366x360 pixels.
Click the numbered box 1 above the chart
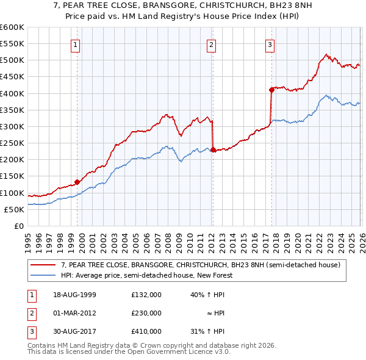[x=75, y=44]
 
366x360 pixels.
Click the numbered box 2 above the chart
[x=210, y=44]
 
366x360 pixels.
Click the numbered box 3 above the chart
[x=270, y=44]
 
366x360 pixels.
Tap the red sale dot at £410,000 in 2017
[x=271, y=90]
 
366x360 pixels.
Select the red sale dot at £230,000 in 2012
[x=212, y=149]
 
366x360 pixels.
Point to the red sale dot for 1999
[x=77, y=182]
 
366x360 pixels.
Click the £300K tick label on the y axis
[x=12, y=126]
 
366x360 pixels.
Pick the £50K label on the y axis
[x=14, y=209]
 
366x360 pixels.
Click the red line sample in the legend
[x=43, y=265]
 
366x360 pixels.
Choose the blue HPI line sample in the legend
[x=43, y=275]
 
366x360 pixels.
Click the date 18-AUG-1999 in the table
[x=75, y=295]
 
